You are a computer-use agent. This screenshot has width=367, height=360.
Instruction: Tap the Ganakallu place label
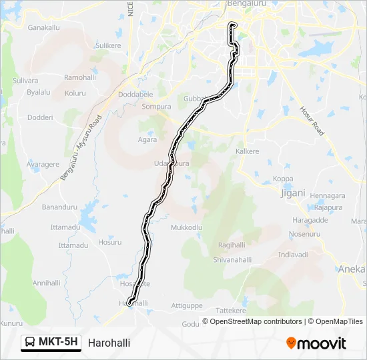[44, 28]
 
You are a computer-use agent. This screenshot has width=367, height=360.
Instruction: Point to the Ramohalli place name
[80, 77]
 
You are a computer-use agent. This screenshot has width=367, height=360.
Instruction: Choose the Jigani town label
[293, 193]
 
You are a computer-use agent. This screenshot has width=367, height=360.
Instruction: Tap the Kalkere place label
[248, 151]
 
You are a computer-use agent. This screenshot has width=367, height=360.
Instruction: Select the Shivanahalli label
[232, 260]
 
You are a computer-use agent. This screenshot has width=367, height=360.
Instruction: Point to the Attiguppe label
[187, 305]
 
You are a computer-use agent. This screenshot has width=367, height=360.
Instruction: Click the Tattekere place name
[231, 311]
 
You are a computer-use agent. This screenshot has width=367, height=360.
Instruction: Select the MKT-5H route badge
[51, 343]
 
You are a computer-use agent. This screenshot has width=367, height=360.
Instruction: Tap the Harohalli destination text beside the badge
[109, 343]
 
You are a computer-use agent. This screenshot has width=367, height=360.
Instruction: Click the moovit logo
[316, 343]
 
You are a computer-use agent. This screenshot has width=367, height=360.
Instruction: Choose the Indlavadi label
[293, 255]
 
